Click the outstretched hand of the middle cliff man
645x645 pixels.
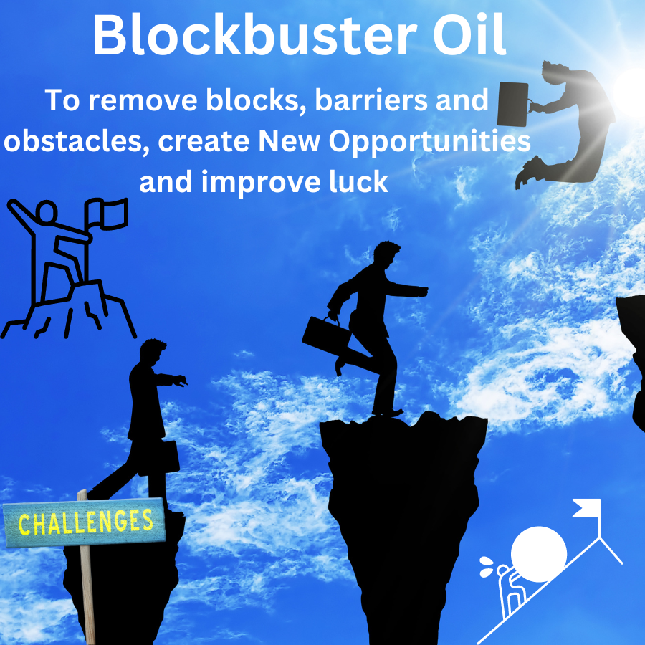point(423,291)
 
